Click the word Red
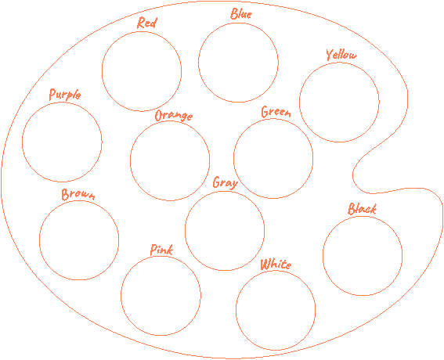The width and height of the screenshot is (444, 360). click(146, 23)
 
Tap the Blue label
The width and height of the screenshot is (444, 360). click(241, 13)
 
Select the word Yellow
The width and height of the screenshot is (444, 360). click(341, 54)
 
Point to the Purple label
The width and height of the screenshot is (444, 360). click(65, 95)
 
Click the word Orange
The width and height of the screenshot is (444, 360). click(174, 116)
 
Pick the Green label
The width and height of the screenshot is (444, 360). click(276, 112)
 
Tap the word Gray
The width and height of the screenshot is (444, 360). click(225, 182)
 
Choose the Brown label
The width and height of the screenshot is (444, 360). click(78, 194)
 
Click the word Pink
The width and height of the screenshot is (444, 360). click(161, 250)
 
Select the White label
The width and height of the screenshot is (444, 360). click(276, 265)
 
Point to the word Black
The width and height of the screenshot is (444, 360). click(362, 209)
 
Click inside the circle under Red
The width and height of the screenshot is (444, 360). click(142, 71)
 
